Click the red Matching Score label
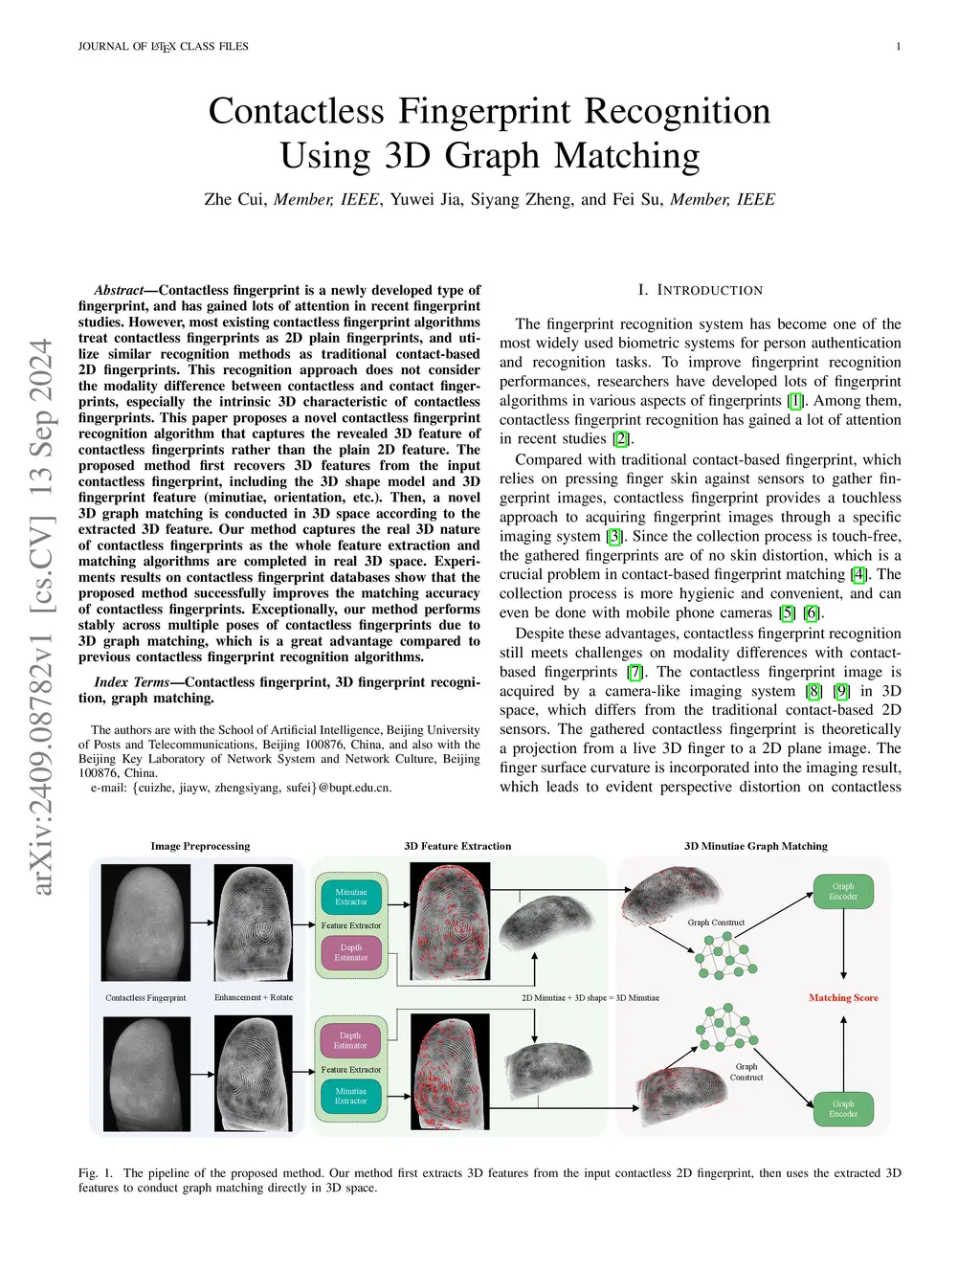pyautogui.click(x=843, y=997)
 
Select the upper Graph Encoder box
pyautogui.click(x=842, y=891)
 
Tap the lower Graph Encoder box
pyautogui.click(x=842, y=1108)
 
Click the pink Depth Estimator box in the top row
pyautogui.click(x=350, y=952)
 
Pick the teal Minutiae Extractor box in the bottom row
pyautogui.click(x=350, y=1096)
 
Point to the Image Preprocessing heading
pyautogui.click(x=200, y=846)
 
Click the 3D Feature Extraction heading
pyautogui.click(x=457, y=846)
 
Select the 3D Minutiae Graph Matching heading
pyautogui.click(x=755, y=846)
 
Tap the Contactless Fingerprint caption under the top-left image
pyautogui.click(x=145, y=997)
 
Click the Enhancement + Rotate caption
pyautogui.click(x=254, y=997)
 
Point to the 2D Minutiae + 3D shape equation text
pyautogui.click(x=590, y=997)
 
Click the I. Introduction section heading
pyautogui.click(x=701, y=290)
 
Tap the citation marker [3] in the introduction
pyautogui.click(x=614, y=536)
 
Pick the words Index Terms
pyautogui.click(x=132, y=682)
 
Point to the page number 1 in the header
pyautogui.click(x=898, y=46)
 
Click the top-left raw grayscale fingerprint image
pyautogui.click(x=145, y=923)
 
